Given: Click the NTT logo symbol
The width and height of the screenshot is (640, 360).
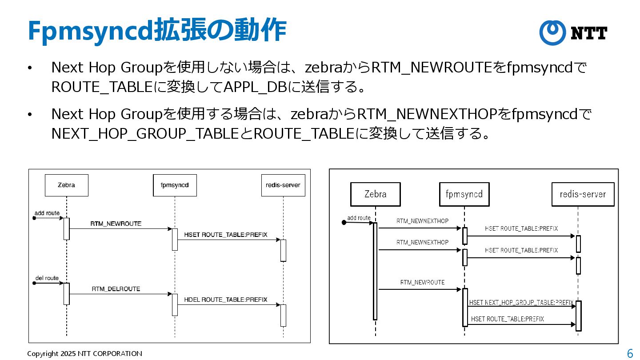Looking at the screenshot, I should click(x=552, y=32).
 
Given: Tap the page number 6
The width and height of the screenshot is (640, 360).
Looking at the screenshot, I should click(x=630, y=354).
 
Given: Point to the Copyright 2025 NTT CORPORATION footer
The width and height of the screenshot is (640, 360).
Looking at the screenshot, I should click(x=84, y=354).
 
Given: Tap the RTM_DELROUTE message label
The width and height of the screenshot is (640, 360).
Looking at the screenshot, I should click(x=116, y=289).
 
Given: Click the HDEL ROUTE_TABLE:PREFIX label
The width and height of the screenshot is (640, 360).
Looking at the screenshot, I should click(x=226, y=300).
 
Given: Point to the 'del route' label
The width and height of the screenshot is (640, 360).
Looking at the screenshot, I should click(x=47, y=278).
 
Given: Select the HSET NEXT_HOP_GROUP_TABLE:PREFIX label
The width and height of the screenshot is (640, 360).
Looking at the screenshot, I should click(x=521, y=302).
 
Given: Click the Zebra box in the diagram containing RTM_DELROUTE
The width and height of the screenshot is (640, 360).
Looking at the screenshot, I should click(x=67, y=185).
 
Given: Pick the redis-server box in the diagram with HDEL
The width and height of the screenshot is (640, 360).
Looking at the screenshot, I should click(x=283, y=185).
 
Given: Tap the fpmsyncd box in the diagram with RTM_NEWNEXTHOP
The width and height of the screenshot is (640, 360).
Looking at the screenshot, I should click(x=464, y=194).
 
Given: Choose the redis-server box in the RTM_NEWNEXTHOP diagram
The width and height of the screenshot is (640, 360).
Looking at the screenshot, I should click(x=582, y=194).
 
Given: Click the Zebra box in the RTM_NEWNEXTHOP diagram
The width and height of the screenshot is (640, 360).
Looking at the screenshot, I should click(x=375, y=194).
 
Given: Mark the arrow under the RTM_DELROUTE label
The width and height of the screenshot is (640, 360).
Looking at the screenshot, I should click(x=120, y=294).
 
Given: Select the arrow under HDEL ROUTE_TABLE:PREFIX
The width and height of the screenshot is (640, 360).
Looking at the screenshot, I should click(x=229, y=305).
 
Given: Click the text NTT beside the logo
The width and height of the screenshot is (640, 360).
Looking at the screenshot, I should click(x=589, y=33).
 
